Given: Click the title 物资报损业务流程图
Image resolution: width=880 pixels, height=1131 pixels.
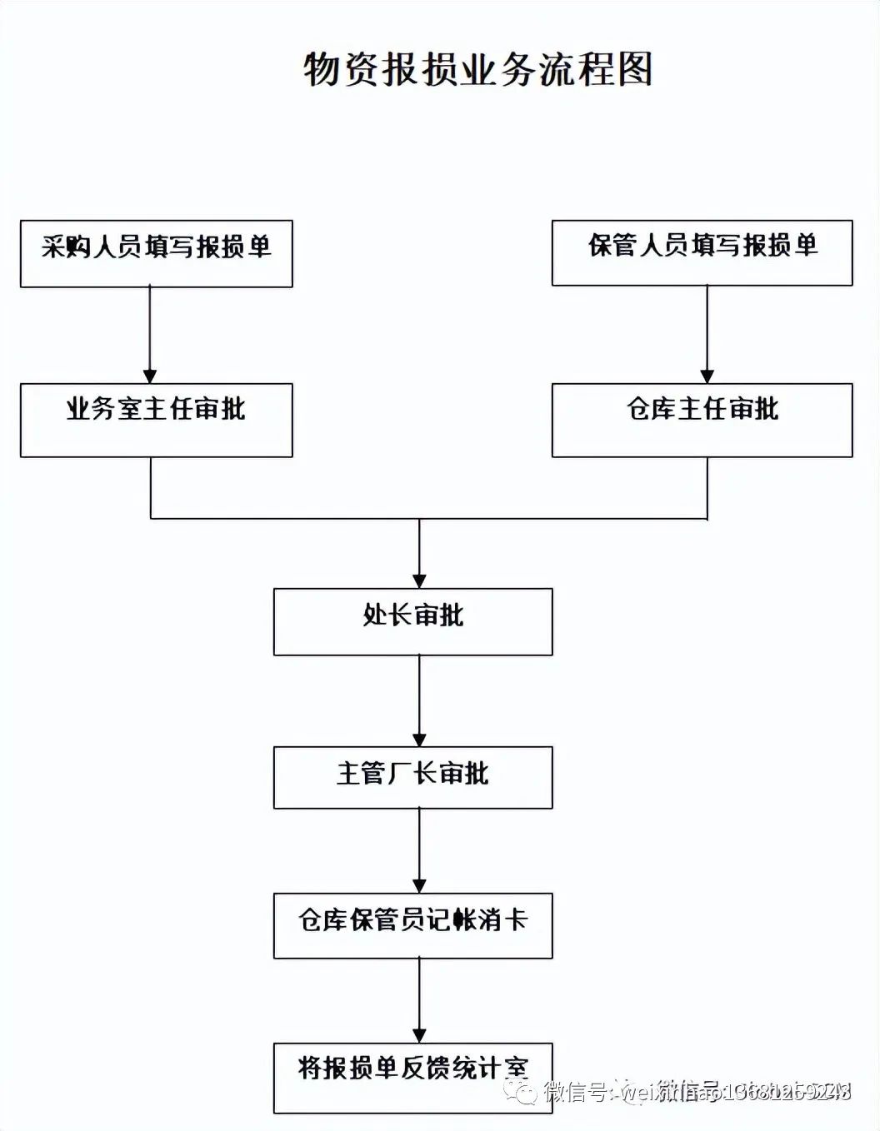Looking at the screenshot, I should [477, 69].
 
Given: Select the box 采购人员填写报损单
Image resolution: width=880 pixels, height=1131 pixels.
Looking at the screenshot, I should [156, 253].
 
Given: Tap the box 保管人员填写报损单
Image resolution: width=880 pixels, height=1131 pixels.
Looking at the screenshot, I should [702, 252].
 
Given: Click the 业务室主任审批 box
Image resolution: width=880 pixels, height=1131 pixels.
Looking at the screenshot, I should [156, 420].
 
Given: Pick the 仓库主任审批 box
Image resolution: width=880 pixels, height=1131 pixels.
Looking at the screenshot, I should [702, 420].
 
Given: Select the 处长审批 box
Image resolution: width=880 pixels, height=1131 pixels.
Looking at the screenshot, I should [412, 621].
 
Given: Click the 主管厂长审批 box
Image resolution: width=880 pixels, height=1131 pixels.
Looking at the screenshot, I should [412, 777].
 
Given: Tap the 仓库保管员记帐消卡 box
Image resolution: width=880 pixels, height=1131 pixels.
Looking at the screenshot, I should [412, 925].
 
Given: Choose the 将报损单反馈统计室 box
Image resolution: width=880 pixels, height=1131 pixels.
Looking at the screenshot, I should [412, 1077].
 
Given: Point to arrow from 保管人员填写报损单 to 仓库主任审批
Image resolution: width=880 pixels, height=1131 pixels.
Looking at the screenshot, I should [707, 334].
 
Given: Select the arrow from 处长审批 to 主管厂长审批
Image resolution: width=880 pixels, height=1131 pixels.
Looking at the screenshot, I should [419, 700].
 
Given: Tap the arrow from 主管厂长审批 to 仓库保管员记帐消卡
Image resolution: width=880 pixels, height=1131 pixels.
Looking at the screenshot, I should [419, 849].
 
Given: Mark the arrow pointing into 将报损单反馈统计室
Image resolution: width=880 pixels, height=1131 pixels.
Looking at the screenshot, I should [419, 999].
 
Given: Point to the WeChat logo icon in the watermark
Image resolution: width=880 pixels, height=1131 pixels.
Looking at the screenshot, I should [522, 1090].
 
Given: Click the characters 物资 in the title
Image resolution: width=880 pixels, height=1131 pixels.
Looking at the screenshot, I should [341, 69].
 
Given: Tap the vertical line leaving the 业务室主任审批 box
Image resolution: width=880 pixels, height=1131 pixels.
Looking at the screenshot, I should [151, 487].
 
